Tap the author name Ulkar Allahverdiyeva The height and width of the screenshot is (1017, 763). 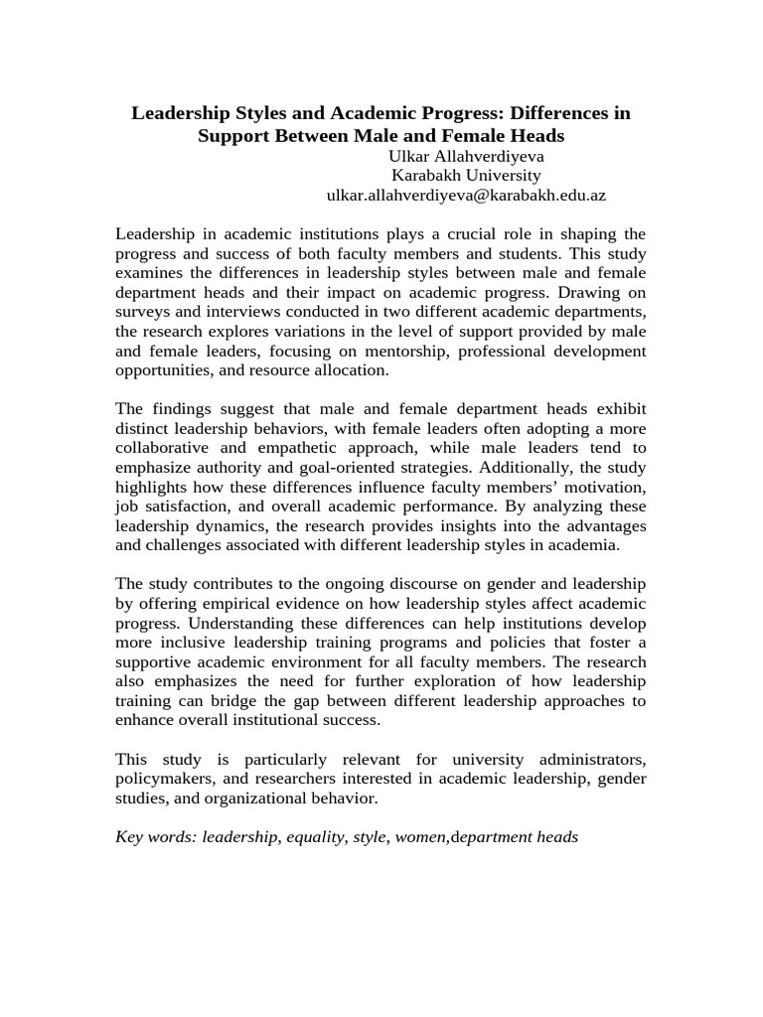click(x=466, y=156)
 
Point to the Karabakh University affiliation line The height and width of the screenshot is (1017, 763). click(x=466, y=176)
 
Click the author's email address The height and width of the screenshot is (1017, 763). click(x=466, y=196)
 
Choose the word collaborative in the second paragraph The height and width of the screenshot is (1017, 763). click(x=161, y=448)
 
